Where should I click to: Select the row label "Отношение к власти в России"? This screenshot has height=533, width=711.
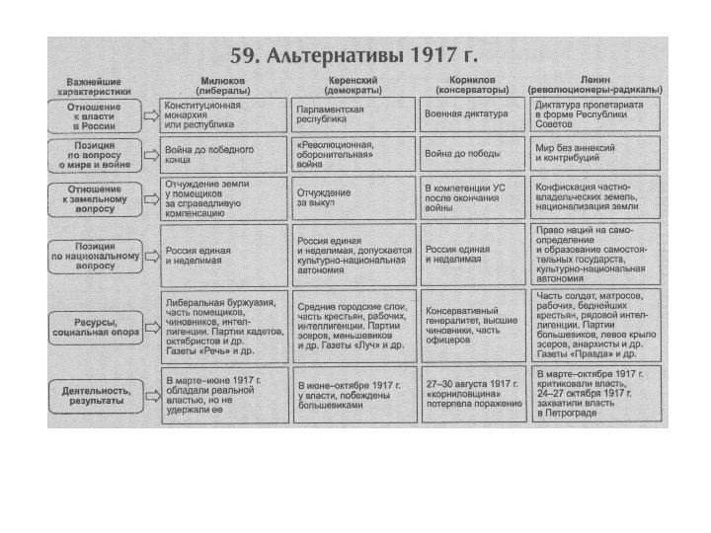[x=94, y=115]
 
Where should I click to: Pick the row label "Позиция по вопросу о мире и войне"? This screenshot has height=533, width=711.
[x=94, y=155]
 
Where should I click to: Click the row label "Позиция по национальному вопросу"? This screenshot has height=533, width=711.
[x=94, y=255]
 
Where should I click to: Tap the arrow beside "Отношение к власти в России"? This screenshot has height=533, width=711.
[x=150, y=115]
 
